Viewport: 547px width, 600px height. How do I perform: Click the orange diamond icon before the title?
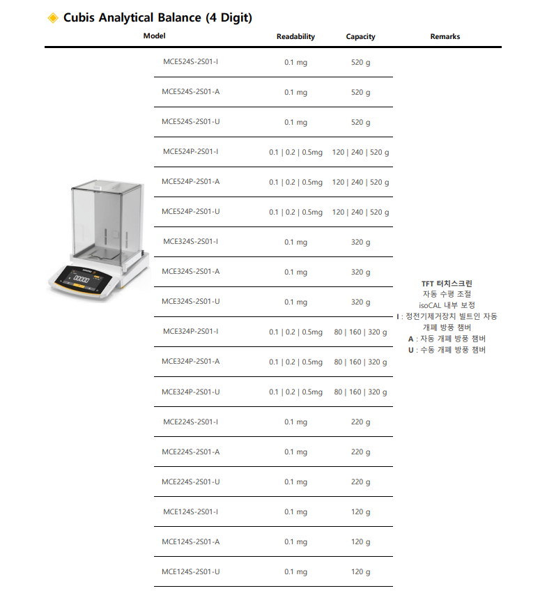coord(53,18)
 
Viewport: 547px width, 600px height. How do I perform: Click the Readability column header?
coord(295,36)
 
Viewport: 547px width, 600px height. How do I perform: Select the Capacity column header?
coord(360,36)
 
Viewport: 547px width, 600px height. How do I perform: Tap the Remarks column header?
coord(445,36)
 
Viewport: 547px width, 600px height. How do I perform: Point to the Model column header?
coord(154,36)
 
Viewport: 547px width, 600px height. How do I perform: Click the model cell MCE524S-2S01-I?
coord(190,62)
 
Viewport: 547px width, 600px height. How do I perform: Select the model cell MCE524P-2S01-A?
coord(190,182)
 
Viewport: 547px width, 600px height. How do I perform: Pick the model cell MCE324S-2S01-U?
coord(190,302)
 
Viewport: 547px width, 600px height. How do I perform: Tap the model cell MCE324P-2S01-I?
coord(190,332)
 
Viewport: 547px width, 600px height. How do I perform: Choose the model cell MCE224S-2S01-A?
coord(190,452)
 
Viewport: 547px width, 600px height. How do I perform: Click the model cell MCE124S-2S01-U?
coord(190,571)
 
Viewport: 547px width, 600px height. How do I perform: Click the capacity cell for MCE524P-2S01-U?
coord(360,212)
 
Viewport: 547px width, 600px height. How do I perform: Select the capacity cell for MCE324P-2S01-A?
coord(360,362)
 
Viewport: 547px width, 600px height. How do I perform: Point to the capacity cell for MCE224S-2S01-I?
coord(360,422)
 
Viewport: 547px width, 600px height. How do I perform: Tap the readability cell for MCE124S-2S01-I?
coord(295,512)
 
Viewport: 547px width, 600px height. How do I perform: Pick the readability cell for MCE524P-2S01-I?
coord(295,152)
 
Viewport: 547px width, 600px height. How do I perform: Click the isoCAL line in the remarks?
coord(447,305)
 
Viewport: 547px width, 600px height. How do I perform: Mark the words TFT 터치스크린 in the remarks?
coord(447,284)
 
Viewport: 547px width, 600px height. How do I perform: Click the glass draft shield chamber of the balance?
coord(107,220)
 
